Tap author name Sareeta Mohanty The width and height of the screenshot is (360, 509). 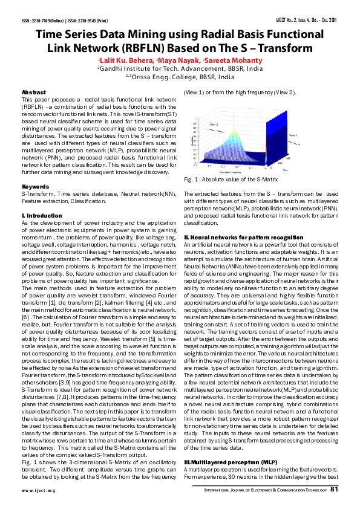click(234, 60)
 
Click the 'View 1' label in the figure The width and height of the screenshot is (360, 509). click(292, 135)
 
